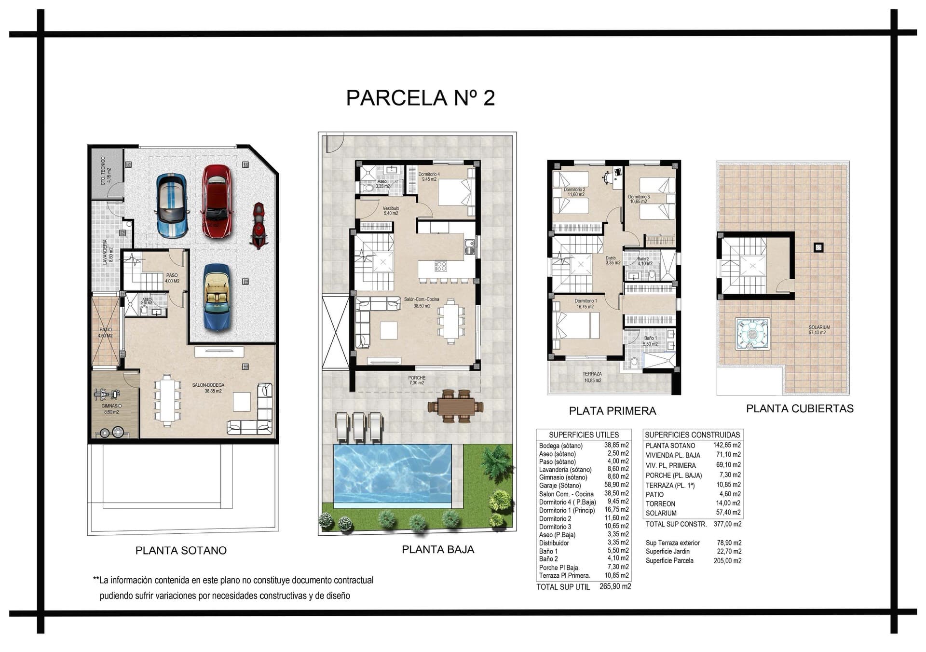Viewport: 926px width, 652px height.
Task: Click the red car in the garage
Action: pos(217,201)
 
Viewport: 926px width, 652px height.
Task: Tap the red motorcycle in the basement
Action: pos(259,225)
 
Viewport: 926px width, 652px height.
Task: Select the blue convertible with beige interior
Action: pos(217,297)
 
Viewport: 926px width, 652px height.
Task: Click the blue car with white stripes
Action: pos(172,205)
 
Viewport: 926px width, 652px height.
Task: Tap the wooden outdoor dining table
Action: pos(455,407)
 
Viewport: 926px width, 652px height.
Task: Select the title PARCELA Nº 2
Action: pos(420,97)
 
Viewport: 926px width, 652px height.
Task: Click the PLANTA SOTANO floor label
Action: pos(181,550)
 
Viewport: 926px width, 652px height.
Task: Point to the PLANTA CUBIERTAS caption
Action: pos(800,408)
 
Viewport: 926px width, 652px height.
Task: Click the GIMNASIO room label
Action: pos(111,406)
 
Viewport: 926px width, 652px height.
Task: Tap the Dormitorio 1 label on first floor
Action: pos(586,301)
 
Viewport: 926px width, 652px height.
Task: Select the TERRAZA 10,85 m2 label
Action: pos(592,377)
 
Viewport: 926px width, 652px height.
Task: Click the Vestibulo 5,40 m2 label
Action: pos(391,210)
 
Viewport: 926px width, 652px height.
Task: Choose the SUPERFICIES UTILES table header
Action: pos(583,435)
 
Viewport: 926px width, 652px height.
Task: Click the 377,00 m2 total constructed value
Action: pos(727,524)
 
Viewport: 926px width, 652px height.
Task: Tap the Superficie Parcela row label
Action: pos(669,560)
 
